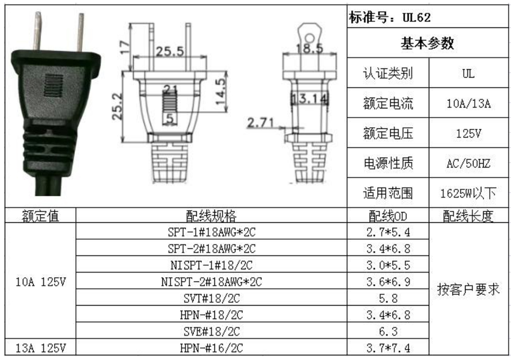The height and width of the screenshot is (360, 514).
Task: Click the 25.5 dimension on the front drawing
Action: click(170, 51)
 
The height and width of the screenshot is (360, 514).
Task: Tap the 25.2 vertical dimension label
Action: click(118, 107)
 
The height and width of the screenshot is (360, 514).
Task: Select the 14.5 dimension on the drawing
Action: click(221, 92)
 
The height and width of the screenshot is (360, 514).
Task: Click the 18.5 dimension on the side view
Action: click(309, 49)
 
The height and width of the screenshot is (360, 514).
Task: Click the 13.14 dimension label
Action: click(309, 99)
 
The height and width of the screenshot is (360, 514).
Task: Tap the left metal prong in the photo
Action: click(38, 31)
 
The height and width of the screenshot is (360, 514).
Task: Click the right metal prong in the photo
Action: click(80, 33)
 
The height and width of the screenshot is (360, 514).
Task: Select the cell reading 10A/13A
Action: click(469, 103)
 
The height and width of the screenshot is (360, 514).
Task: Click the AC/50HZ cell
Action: click(469, 163)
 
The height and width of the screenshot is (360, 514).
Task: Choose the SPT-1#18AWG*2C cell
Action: click(211, 232)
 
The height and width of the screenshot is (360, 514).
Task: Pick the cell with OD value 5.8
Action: click(388, 298)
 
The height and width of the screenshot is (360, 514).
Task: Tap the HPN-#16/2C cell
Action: click(211, 347)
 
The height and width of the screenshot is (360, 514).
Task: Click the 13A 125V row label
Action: click(41, 347)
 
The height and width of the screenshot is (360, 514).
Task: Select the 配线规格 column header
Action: click(211, 215)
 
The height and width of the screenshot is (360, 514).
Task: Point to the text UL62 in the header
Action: click(416, 17)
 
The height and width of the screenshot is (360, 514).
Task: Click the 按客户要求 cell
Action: click(469, 289)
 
